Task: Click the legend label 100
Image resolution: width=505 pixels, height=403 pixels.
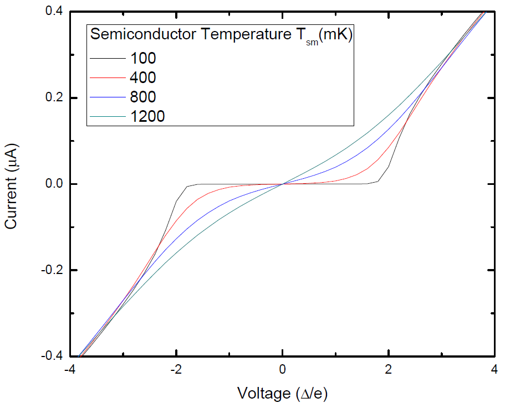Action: pos(144,57)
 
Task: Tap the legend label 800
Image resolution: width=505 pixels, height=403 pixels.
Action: pos(144,96)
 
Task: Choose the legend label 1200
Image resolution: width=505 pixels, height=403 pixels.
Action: pos(148,116)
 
